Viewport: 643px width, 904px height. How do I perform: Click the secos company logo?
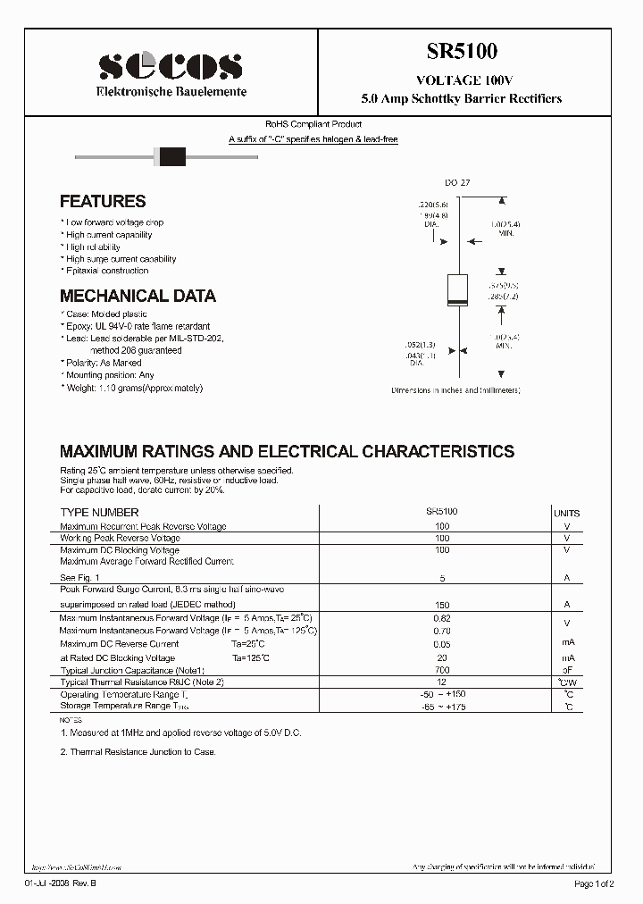[170, 65]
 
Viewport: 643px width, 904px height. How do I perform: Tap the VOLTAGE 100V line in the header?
[462, 80]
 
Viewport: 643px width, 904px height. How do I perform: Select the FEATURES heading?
[103, 202]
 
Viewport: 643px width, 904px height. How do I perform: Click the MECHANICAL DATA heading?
[138, 296]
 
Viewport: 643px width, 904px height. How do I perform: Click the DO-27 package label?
[457, 182]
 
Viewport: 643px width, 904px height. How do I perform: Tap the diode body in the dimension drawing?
[457, 290]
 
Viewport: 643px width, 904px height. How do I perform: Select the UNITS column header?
[566, 513]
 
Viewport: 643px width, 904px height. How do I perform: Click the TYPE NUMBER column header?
[99, 512]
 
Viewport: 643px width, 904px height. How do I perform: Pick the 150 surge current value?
[441, 605]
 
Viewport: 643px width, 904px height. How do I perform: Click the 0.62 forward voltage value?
[441, 617]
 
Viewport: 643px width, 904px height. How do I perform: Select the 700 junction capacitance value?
[441, 669]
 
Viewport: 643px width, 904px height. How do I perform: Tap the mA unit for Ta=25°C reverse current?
[566, 643]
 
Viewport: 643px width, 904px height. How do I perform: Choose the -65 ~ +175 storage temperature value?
[441, 707]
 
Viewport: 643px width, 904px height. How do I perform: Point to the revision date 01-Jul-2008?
[62, 883]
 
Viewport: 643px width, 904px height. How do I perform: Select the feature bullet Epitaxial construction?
[107, 271]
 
